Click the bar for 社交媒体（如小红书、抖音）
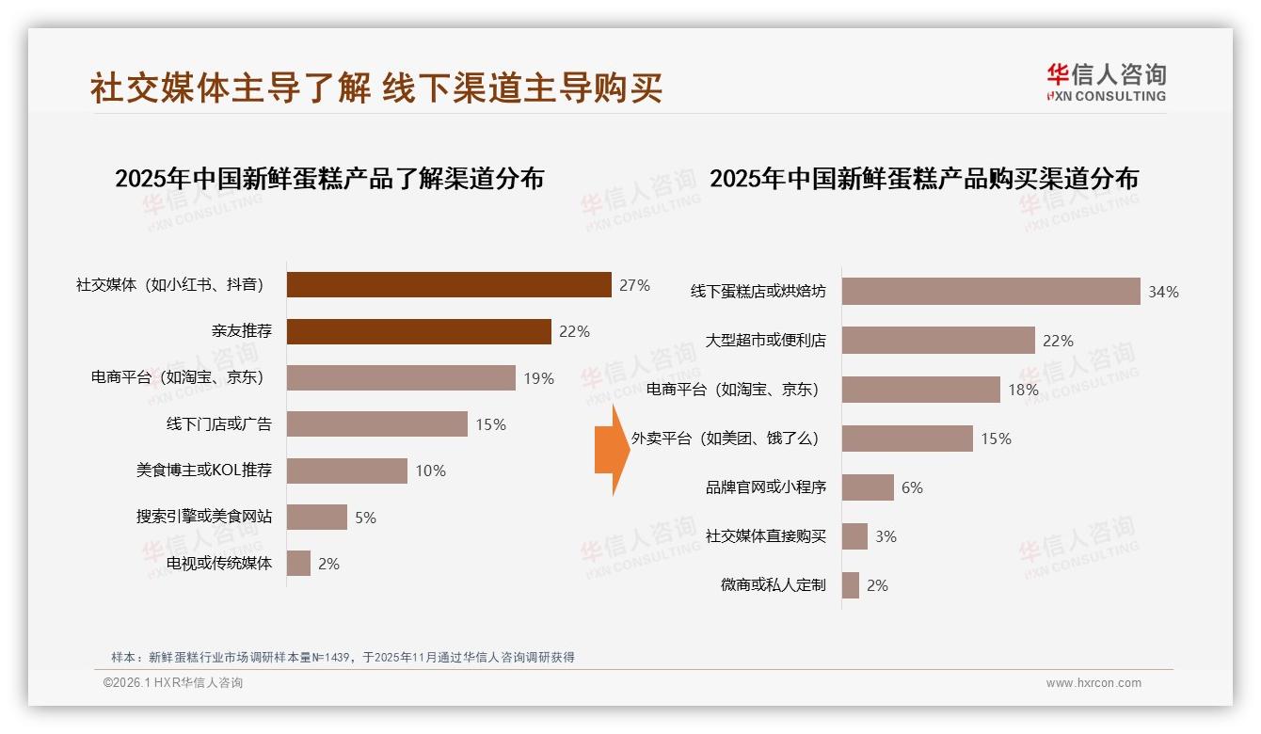tap(449, 285)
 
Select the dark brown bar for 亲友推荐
tap(419, 331)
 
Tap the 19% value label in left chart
tap(539, 378)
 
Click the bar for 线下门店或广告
tap(376, 424)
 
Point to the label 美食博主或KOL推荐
tap(204, 471)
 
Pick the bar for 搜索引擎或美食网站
tap(316, 517)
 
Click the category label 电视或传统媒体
tap(219, 564)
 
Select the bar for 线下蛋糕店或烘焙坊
tap(990, 292)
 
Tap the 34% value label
tap(1163, 292)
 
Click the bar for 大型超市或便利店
tap(937, 341)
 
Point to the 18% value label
tap(1023, 390)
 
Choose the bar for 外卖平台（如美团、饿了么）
tap(906, 439)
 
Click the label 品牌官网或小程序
tap(765, 487)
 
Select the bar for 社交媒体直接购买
tap(854, 536)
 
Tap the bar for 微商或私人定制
tap(851, 585)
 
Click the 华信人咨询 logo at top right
tap(1106, 82)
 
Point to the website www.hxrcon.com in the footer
tap(1093, 683)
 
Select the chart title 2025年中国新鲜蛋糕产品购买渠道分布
tap(924, 179)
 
